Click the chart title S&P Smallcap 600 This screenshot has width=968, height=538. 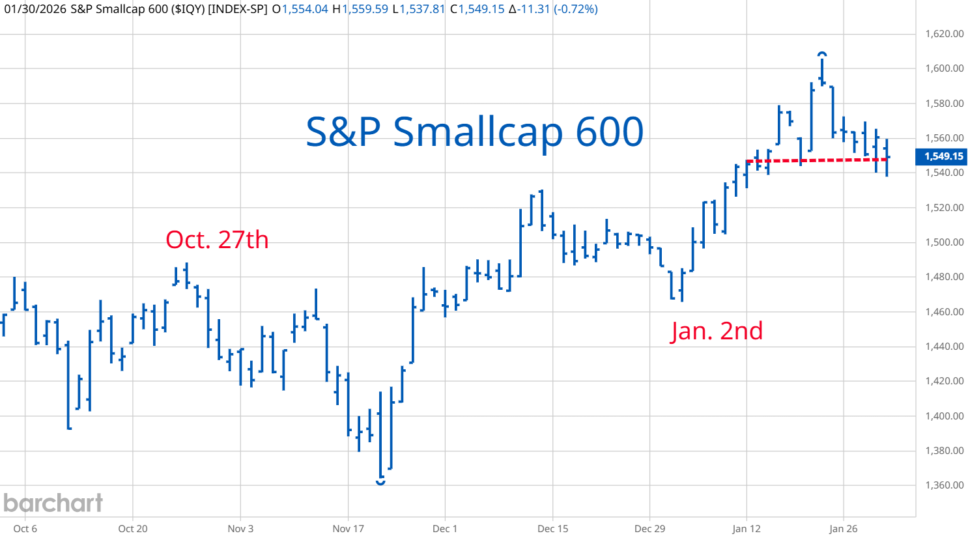[474, 132]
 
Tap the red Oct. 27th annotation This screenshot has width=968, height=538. [217, 240]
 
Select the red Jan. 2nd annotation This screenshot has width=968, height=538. [717, 331]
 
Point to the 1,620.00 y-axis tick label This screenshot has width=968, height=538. [944, 34]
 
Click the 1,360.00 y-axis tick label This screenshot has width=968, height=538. [944, 485]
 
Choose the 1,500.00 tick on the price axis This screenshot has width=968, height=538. [944, 242]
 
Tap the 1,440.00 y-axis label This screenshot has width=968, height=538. [944, 347]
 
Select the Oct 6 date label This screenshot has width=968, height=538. [25, 528]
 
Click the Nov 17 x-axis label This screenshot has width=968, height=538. [348, 528]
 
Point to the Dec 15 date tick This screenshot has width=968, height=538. [552, 528]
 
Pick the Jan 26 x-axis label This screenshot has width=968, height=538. [844, 528]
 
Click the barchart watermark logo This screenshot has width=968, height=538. [53, 503]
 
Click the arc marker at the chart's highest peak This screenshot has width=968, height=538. [822, 54]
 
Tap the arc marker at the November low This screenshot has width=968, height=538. [380, 482]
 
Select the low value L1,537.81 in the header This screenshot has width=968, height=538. [419, 9]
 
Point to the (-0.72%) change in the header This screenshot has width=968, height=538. [575, 9]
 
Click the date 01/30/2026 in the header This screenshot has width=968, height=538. [34, 9]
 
